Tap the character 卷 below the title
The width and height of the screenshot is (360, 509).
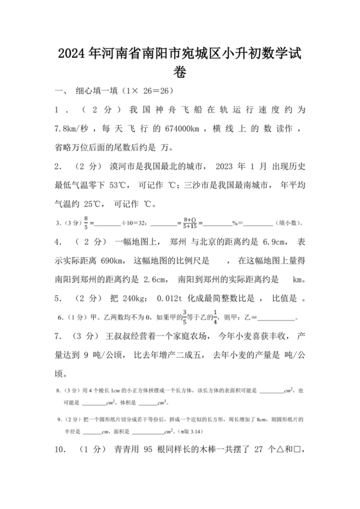coord(180,73)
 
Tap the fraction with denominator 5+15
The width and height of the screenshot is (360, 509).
coord(190,223)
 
